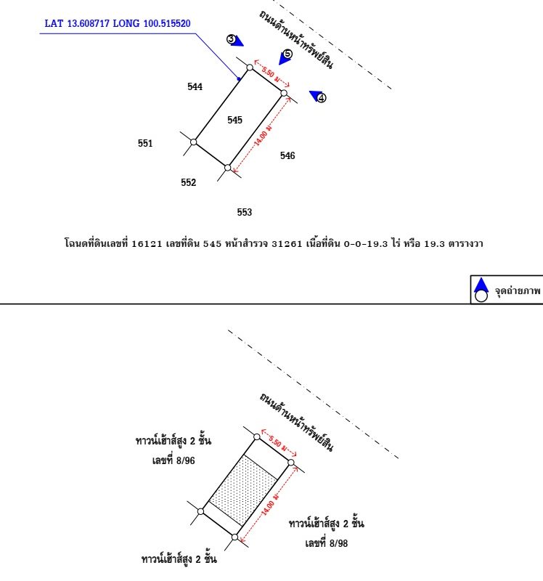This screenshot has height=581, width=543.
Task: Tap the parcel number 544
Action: point(195,87)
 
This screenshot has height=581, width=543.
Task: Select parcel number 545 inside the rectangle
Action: point(234,120)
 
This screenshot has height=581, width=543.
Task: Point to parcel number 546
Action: point(287,155)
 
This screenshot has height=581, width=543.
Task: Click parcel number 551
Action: point(145,144)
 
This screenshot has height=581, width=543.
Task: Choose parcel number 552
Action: point(189,183)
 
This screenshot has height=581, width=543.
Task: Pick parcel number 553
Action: point(245,212)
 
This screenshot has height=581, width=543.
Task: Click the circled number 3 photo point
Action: point(232,39)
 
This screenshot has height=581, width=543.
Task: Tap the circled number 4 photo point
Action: point(322,98)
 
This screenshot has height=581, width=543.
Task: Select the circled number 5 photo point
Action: point(287,54)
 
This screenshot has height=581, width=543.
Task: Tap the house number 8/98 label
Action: point(327,543)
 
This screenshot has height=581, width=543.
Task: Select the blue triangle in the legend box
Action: point(480,284)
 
